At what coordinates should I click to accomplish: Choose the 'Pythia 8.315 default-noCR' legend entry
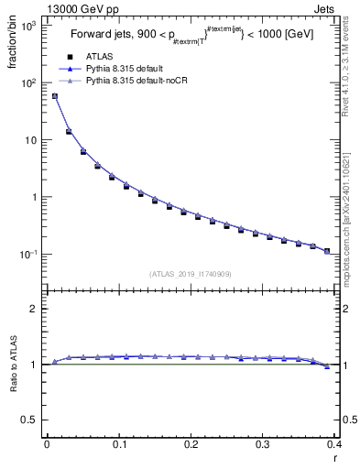[136, 82]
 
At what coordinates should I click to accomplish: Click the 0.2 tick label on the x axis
[191, 445]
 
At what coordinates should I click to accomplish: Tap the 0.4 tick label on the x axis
[333, 445]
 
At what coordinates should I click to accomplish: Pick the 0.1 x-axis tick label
[118, 445]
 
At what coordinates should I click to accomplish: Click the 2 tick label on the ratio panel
[37, 309]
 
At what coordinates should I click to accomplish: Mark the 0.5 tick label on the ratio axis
[32, 420]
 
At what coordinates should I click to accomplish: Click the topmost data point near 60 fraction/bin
[55, 95]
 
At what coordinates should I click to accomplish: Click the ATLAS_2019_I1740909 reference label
[191, 274]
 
